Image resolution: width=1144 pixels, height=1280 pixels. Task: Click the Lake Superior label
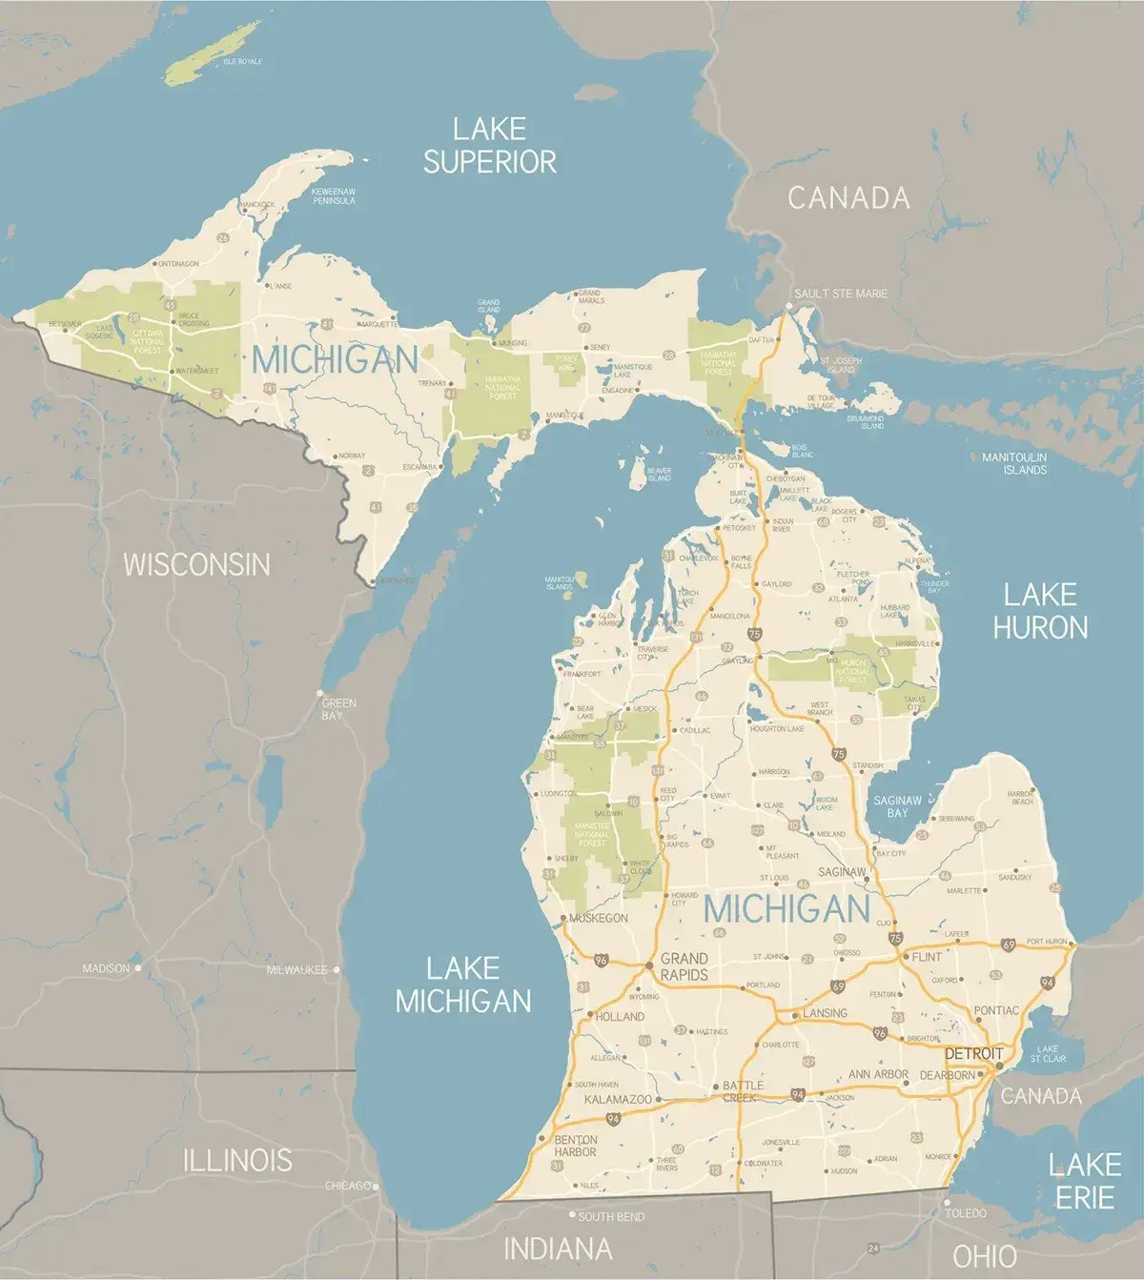(490, 145)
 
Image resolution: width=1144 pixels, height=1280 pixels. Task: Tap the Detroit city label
(973, 1053)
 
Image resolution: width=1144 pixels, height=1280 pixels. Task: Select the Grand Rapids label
(684, 965)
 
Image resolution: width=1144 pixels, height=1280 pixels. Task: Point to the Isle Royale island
(212, 53)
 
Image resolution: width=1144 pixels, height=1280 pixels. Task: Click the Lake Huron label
(1040, 611)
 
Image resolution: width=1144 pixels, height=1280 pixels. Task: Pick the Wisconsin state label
(196, 563)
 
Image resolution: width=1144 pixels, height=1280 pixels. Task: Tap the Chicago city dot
(376, 1187)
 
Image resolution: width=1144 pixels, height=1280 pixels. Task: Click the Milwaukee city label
(296, 969)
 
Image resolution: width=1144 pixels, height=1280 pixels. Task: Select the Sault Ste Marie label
(842, 294)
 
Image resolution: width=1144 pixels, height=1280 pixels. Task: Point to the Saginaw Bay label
(897, 806)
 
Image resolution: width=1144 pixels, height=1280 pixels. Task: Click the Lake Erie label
(1085, 1180)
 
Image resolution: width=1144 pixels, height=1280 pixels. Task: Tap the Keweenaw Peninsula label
(334, 196)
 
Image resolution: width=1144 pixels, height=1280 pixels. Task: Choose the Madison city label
(106, 968)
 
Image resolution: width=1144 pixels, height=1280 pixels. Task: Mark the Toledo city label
(966, 1213)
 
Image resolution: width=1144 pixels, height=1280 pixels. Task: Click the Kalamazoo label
(618, 1099)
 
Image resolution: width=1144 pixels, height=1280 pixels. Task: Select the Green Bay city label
(338, 708)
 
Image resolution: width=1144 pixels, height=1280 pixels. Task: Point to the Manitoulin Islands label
(1014, 463)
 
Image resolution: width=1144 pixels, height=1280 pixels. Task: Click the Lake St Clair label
(1048, 1053)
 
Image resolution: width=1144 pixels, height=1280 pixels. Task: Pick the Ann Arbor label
(878, 1074)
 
